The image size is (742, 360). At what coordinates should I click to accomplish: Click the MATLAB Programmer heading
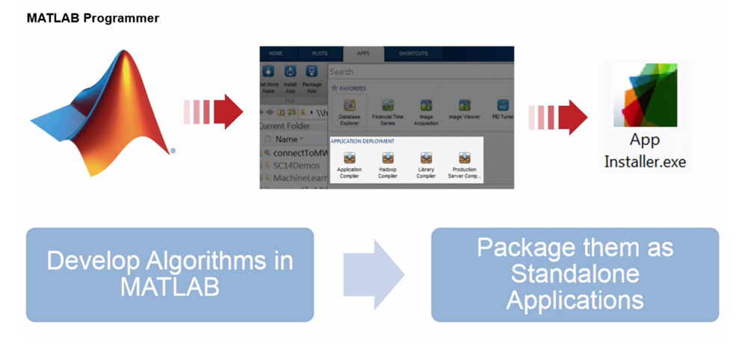pos(93,18)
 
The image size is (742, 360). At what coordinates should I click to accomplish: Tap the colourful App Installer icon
pos(643,96)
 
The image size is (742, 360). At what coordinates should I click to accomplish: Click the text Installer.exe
pos(645,161)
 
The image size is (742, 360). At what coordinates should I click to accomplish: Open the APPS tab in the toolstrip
pos(363,54)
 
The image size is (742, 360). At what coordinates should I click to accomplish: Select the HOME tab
pos(276,54)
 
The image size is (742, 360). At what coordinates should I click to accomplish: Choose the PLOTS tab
pos(320,54)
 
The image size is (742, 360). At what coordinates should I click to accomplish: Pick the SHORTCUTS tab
pos(413,54)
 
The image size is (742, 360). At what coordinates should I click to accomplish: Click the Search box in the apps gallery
pos(418,72)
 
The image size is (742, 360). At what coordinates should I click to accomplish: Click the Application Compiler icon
pos(349,158)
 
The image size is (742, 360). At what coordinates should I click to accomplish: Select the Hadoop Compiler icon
pos(388,158)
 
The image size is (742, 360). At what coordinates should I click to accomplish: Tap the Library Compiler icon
pos(426,158)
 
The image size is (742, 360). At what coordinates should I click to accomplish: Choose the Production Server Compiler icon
pos(464,158)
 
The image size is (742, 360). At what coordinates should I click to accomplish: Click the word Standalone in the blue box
pos(575,273)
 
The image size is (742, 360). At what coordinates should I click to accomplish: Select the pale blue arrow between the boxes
pos(374,274)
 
